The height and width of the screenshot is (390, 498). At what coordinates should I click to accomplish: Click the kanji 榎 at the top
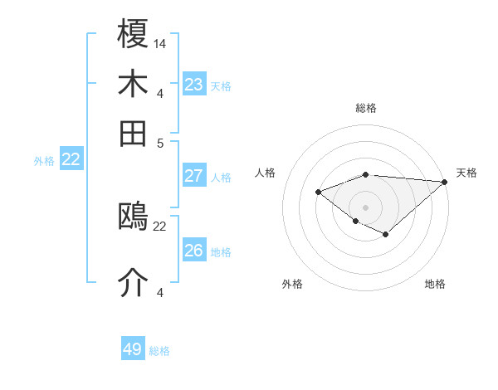pyautogui.click(x=134, y=35)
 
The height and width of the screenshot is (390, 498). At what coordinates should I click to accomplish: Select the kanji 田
pyautogui.click(x=134, y=133)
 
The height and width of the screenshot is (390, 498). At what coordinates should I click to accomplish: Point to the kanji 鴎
pyautogui.click(x=134, y=217)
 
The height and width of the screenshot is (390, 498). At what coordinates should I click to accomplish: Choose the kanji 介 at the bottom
pyautogui.click(x=134, y=282)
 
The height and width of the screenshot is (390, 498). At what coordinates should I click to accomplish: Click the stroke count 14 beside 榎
pyautogui.click(x=160, y=43)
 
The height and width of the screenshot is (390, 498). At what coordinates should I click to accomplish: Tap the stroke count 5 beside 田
pyautogui.click(x=160, y=142)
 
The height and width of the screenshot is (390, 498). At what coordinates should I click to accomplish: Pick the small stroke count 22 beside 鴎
pyautogui.click(x=160, y=226)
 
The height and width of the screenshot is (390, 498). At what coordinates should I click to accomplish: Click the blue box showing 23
pyautogui.click(x=193, y=85)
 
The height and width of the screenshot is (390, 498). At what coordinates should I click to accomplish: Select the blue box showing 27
pyautogui.click(x=193, y=176)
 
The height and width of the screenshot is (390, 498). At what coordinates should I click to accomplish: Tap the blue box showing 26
pyautogui.click(x=193, y=251)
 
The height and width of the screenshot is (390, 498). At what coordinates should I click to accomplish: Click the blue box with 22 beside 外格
pyautogui.click(x=71, y=160)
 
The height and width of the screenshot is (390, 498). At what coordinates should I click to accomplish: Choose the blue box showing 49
pyautogui.click(x=133, y=349)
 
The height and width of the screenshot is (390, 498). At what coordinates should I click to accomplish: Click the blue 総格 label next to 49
pyautogui.click(x=159, y=351)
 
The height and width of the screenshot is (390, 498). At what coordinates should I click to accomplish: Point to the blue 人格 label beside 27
pyautogui.click(x=221, y=177)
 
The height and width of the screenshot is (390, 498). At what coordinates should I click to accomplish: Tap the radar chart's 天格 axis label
pyautogui.click(x=466, y=173)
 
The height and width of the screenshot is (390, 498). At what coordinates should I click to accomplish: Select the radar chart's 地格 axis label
pyautogui.click(x=435, y=284)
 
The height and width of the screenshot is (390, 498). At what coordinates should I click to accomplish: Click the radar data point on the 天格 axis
pyautogui.click(x=445, y=182)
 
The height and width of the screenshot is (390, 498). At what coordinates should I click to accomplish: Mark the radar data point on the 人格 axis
pyautogui.click(x=318, y=192)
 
